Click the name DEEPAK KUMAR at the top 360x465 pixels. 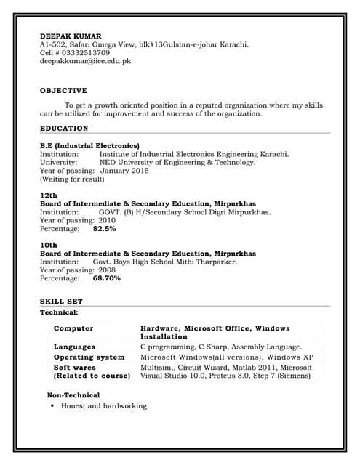71,36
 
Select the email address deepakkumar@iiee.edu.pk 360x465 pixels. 85,62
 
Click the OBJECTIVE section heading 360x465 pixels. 63,91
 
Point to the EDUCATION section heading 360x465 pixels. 64,129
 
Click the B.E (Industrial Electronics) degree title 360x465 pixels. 89,145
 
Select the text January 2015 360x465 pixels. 124,171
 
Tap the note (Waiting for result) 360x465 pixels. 72,179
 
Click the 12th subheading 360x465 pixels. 49,196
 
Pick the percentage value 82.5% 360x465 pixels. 104,229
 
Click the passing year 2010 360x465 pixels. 107,220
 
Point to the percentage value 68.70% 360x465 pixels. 107,278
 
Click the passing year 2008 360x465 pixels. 107,270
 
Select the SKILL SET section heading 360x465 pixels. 61,301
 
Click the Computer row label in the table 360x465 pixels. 73,328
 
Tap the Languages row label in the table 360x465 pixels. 74,347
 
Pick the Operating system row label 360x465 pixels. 89,357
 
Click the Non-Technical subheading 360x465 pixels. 73,395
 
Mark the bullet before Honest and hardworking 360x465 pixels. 53,406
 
